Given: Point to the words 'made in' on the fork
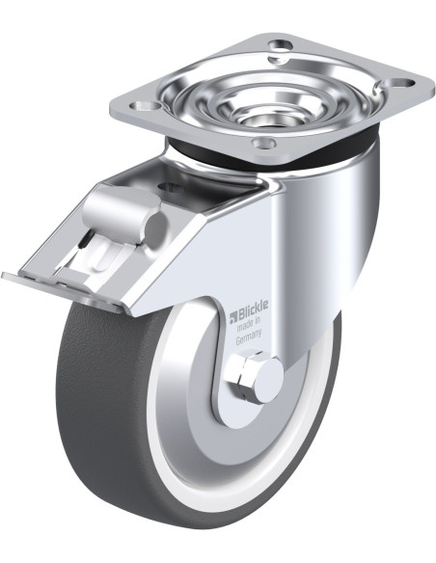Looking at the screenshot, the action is pyautogui.click(x=248, y=325).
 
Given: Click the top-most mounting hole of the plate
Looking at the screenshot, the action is pyautogui.click(x=282, y=46).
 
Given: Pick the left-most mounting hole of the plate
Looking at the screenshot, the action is pyautogui.click(x=144, y=106).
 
